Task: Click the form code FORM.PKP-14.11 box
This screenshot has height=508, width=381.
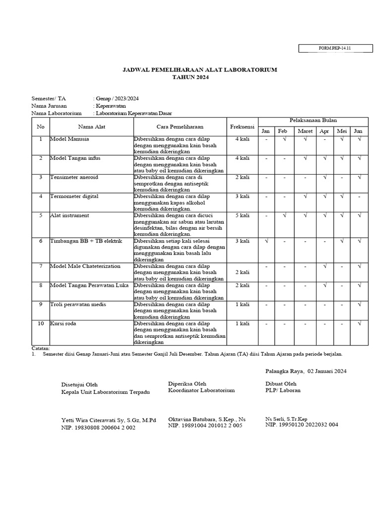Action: tap(327, 48)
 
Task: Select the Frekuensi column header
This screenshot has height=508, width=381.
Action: tap(242, 127)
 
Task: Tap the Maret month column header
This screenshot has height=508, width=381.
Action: tap(305, 131)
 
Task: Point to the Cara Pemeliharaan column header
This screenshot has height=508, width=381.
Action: tap(180, 127)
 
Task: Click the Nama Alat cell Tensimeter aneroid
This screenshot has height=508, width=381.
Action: tap(74, 177)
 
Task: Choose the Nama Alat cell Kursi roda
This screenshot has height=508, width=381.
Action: tap(63, 323)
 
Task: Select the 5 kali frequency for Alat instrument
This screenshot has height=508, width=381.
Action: tap(242, 215)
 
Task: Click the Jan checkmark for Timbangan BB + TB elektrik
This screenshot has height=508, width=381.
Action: tap(266, 241)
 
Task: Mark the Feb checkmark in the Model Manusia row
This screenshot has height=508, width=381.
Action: tap(284, 139)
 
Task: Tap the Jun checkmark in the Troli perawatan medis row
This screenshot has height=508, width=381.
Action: tap(359, 305)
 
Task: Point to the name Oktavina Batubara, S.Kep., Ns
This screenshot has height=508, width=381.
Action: tap(207, 419)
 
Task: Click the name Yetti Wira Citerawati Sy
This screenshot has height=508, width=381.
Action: tap(108, 420)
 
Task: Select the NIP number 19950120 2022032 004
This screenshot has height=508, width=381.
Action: tap(302, 425)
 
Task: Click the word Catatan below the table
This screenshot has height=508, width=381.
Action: tap(41, 349)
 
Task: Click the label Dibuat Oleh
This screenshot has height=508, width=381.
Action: tap(281, 383)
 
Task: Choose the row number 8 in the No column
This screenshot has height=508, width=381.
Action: tap(41, 285)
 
